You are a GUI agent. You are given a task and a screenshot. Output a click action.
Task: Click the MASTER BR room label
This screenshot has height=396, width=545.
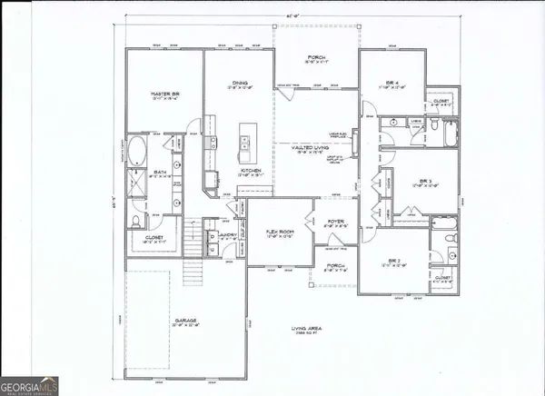(x=164, y=93)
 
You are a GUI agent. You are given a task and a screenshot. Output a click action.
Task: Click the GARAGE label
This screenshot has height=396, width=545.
(x=184, y=321)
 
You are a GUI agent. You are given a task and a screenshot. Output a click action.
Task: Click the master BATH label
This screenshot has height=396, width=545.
(x=157, y=172)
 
